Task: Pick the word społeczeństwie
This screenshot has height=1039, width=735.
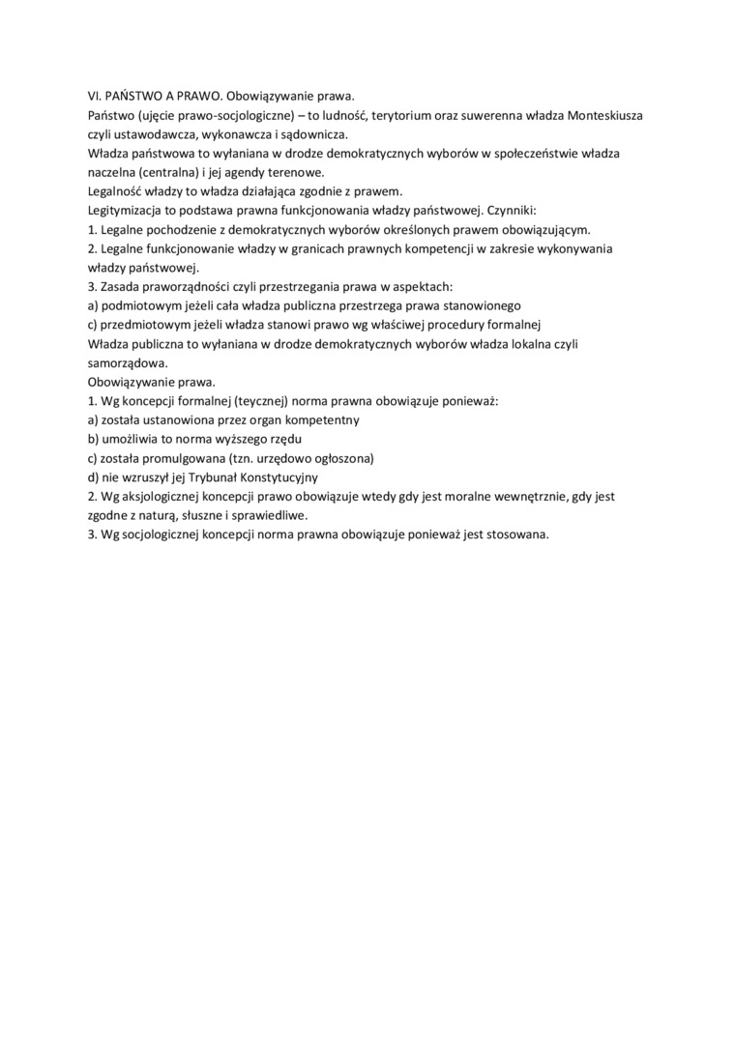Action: [x=537, y=154]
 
